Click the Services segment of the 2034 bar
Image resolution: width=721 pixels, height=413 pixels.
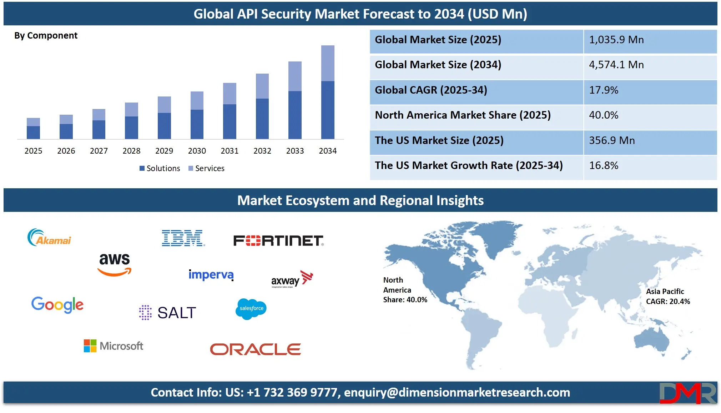pos(328,63)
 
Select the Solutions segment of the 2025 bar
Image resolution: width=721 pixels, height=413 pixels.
pos(33,132)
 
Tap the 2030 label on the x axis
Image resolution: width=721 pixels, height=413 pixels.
pos(197,151)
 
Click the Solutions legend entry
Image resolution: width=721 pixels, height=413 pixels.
pos(160,168)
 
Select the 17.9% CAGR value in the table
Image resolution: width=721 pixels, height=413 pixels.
pos(603,90)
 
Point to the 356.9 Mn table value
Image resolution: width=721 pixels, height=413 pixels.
pos(612,140)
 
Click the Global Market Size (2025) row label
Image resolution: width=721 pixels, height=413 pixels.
pos(438,40)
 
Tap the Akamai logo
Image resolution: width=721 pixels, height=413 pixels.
pos(49,238)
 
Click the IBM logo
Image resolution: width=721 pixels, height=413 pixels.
pos(183,238)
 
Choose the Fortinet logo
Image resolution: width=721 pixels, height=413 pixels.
pos(278,240)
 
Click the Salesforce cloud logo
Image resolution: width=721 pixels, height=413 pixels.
pos(251,309)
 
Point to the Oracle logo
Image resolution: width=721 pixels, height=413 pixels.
pos(255,349)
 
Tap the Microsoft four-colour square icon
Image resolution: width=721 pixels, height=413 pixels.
pos(90,346)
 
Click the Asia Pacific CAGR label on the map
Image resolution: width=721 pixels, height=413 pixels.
pos(667,297)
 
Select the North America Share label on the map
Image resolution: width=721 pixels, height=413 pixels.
pos(405,290)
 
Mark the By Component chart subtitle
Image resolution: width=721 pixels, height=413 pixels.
pos(46,36)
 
